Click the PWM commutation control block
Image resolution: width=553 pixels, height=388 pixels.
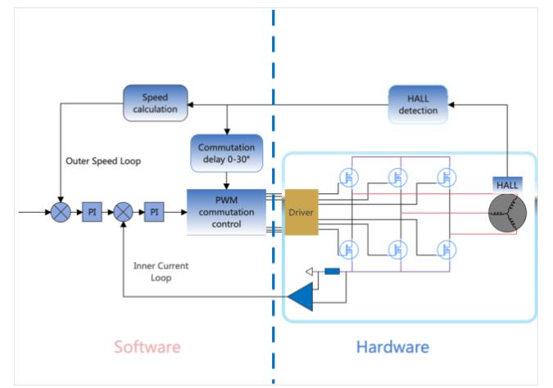tap(227, 210)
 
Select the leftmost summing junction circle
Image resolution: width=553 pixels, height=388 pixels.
tap(61, 211)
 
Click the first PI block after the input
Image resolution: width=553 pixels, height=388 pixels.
tap(92, 211)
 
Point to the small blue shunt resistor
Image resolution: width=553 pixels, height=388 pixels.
tap(333, 273)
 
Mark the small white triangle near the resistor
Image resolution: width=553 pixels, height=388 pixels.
tap(310, 273)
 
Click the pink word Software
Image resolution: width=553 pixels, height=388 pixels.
tap(147, 346)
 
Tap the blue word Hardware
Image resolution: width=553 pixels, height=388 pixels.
tap(392, 346)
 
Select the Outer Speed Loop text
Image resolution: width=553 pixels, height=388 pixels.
tap(103, 161)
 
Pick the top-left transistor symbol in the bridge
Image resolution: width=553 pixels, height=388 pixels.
tap(349, 178)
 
